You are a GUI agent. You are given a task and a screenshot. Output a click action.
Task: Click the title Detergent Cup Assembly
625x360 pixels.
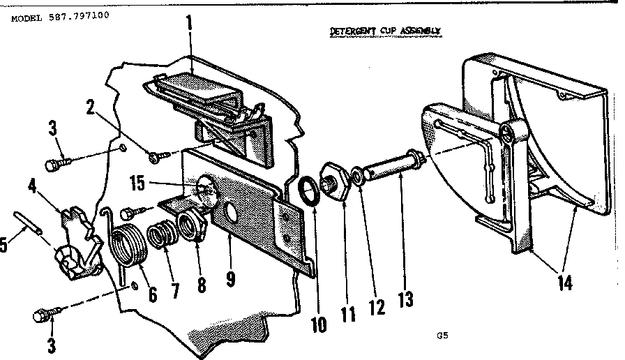coord(385,31)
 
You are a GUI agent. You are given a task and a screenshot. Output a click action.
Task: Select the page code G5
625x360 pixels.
coord(442,335)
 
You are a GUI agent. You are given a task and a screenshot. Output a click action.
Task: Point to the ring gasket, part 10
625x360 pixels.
coord(307,189)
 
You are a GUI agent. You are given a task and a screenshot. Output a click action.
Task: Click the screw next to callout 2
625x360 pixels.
coord(156,154)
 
